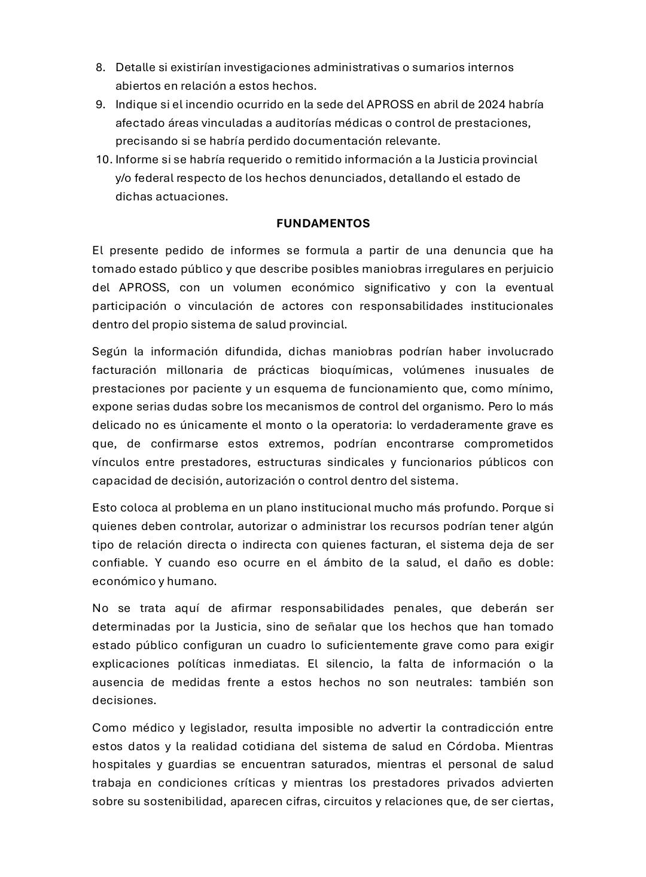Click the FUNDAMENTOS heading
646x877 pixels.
(x=323, y=224)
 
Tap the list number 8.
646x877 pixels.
(x=100, y=68)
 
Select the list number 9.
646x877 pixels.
(x=100, y=105)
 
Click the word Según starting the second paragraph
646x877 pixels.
(x=109, y=352)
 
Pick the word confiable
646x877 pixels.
(x=118, y=563)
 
